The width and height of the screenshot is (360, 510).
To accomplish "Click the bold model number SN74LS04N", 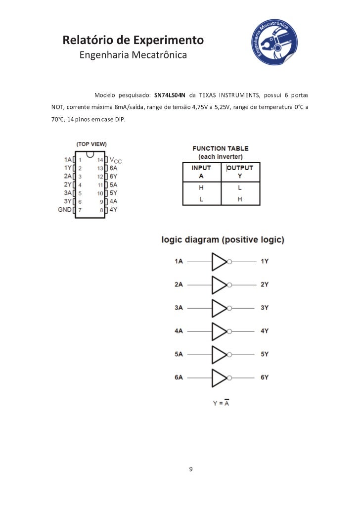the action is tap(170, 94).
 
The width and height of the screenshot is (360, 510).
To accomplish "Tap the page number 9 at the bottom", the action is tap(191, 469).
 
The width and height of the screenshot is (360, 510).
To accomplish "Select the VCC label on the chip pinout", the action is tap(115, 160).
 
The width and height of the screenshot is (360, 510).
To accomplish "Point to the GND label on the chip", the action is tap(65, 210).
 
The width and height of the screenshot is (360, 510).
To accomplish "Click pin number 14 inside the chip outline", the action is tap(100, 160).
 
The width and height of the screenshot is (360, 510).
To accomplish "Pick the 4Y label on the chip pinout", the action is tap(113, 210).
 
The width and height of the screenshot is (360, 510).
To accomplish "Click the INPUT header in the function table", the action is tap(201, 168).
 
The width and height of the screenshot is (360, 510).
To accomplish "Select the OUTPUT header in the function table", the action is tap(240, 168).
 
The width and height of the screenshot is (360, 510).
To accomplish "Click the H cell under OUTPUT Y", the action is tap(240, 199).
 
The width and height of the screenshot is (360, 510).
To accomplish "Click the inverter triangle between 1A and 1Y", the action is tap(219, 262).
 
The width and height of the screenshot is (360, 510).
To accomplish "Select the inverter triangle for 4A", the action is tap(219, 331).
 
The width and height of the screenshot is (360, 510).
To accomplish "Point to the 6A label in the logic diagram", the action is tap(179, 377).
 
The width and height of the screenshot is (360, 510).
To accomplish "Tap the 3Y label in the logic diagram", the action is tap(265, 308).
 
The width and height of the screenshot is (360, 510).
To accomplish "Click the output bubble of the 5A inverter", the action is tap(229, 354).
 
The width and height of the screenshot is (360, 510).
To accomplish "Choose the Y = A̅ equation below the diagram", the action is tap(221, 403).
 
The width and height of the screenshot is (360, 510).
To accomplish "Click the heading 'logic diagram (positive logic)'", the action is tap(224, 240).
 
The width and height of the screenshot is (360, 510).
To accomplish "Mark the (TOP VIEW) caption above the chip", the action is tap(91, 144).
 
